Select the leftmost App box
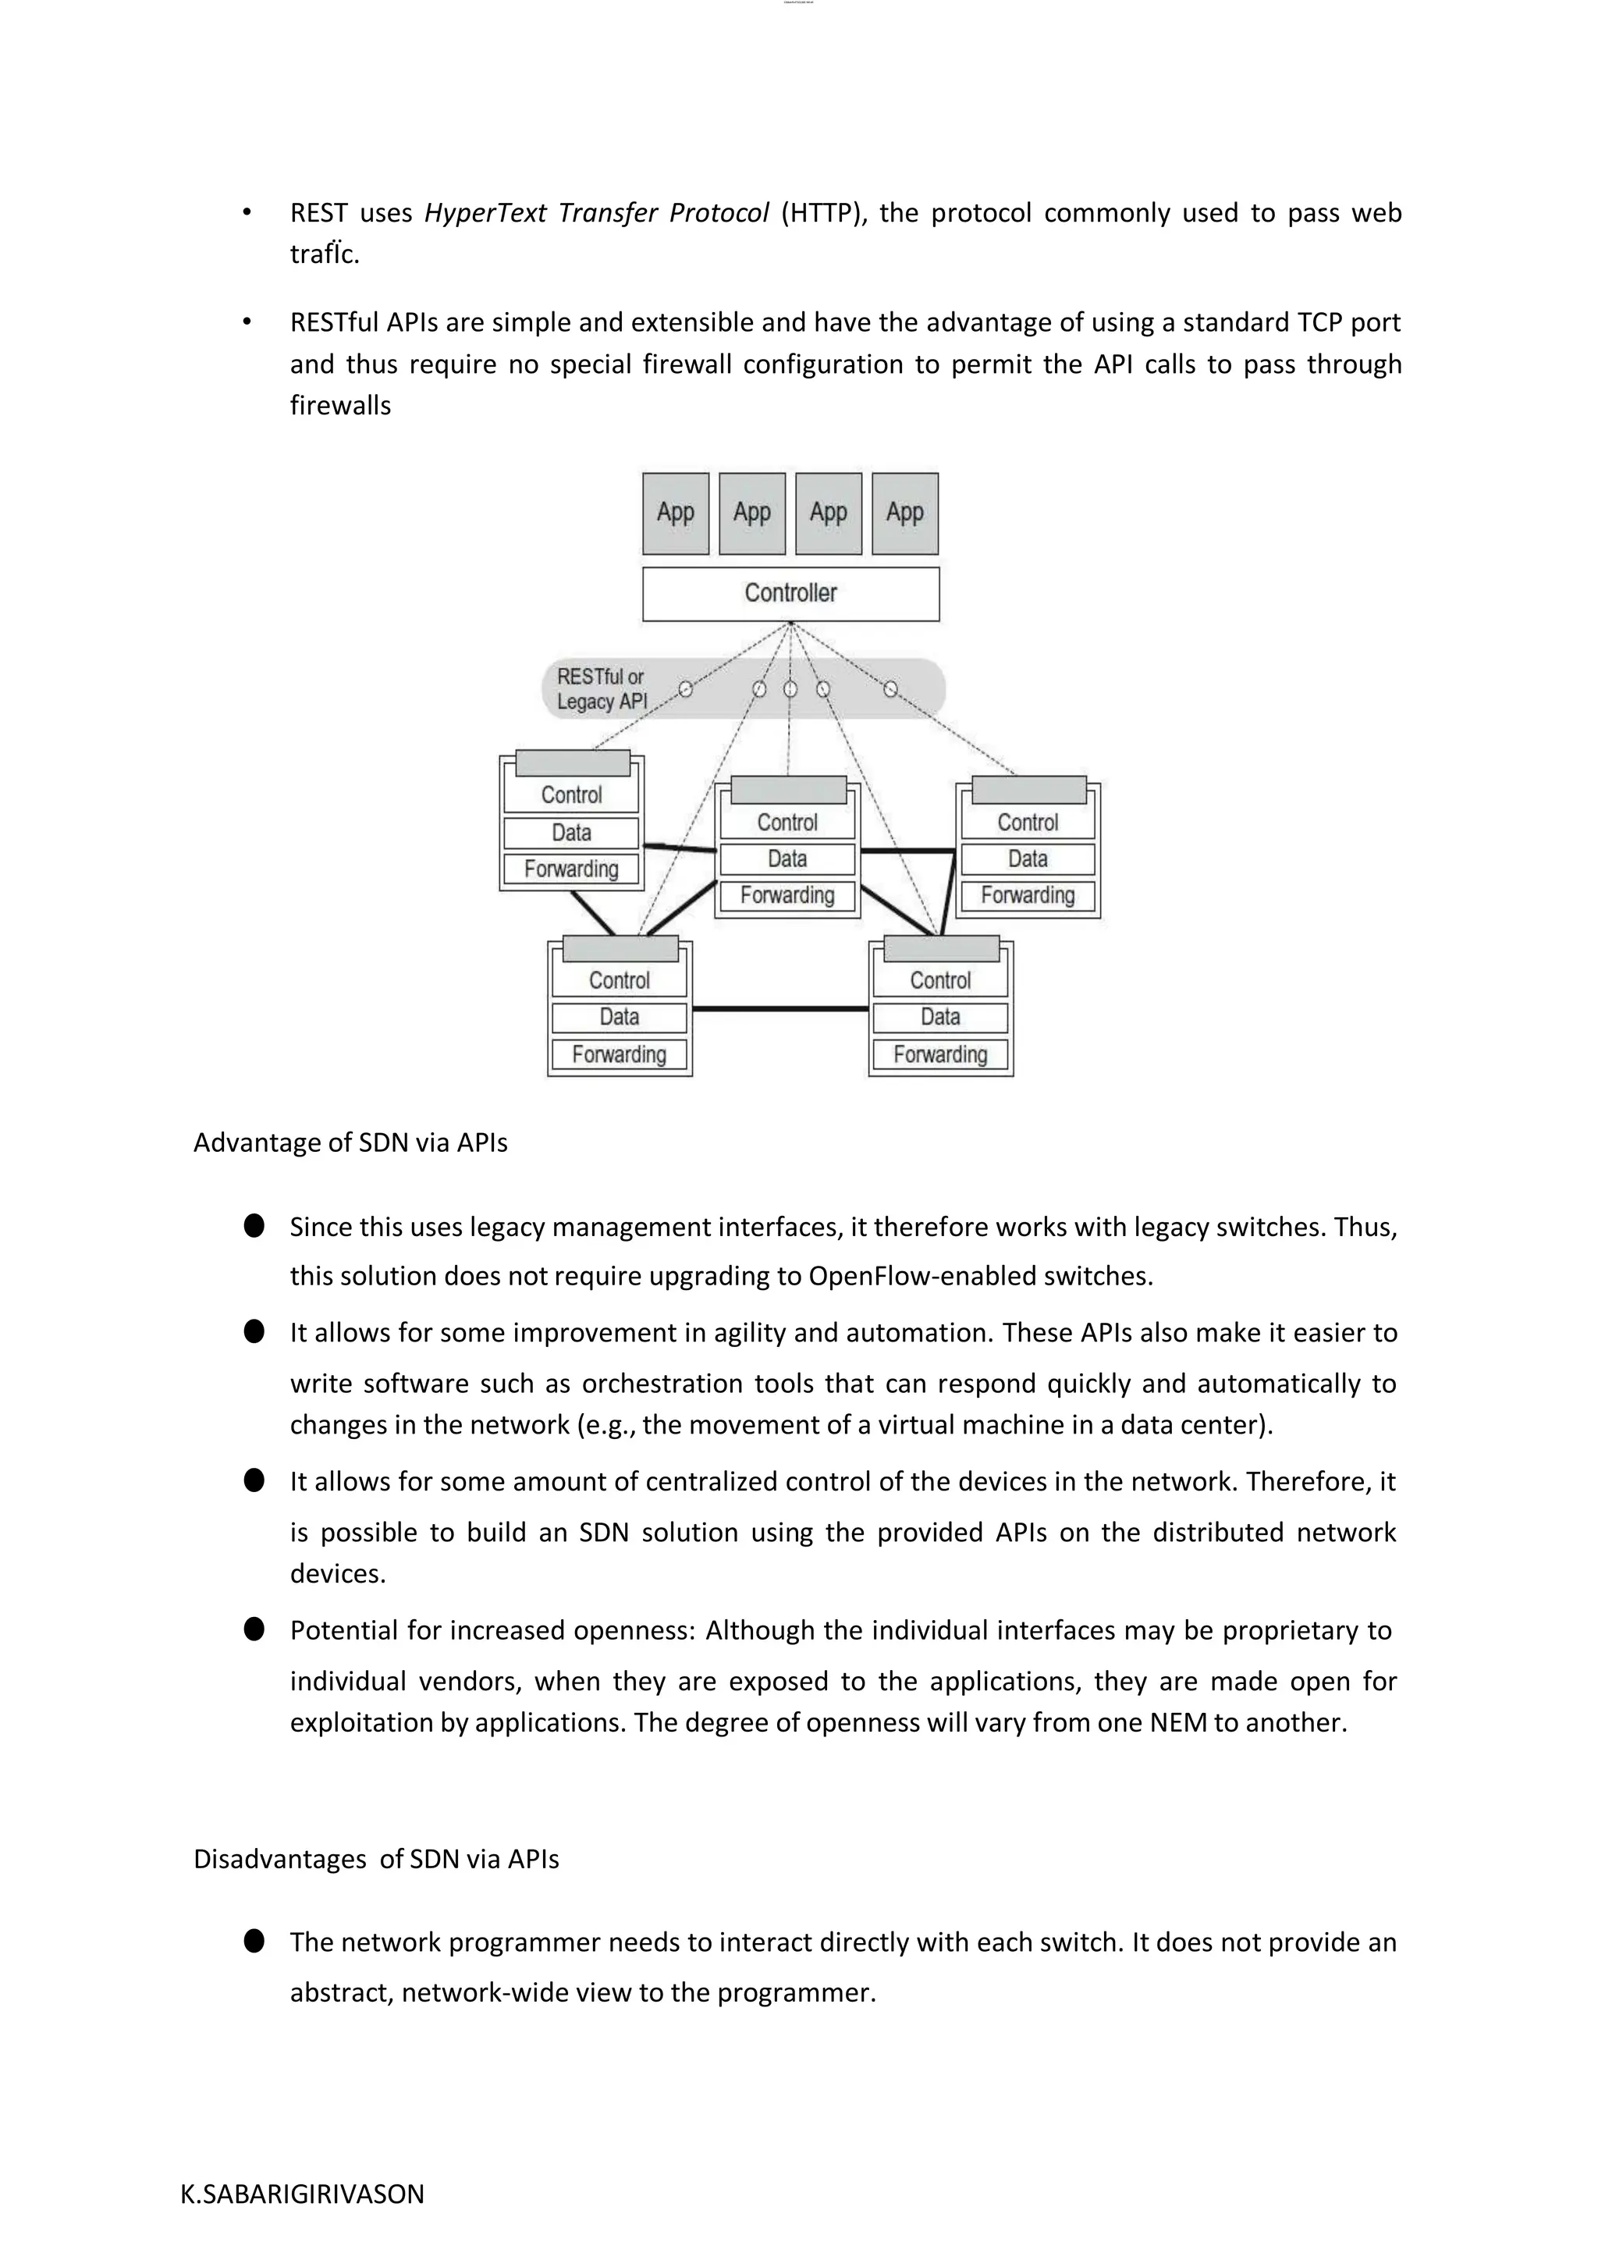(x=675, y=513)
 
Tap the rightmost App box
(x=904, y=513)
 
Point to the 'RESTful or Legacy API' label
(x=602, y=689)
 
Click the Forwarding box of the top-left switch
(x=570, y=869)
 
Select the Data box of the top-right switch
(x=1028, y=859)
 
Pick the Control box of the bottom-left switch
(x=619, y=980)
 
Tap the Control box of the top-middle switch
(x=787, y=823)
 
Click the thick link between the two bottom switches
(x=780, y=1009)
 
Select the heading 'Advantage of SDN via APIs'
(x=350, y=1142)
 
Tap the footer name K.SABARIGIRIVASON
(x=302, y=2194)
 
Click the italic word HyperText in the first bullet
(x=484, y=214)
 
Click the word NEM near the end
(x=1177, y=1722)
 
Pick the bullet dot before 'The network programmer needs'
(x=254, y=1941)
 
